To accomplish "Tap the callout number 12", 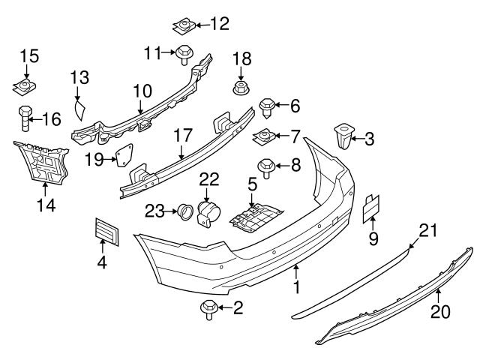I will pyautogui.click(x=219, y=24).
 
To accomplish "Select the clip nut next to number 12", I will pyautogui.click(x=182, y=28).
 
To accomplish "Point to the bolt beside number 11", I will pyautogui.click(x=184, y=54).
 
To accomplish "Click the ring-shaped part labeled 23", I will pyautogui.click(x=183, y=213).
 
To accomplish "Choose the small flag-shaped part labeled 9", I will pyautogui.click(x=373, y=208).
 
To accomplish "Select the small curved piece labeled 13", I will pyautogui.click(x=79, y=110).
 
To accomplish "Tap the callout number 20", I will pyautogui.click(x=440, y=310).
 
